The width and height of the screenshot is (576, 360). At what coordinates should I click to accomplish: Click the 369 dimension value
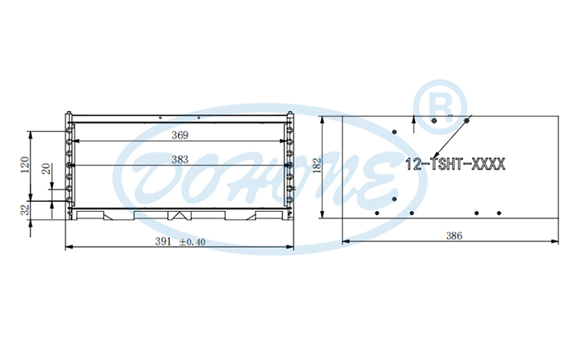(180, 135)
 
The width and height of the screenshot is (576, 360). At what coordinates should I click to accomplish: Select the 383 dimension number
(180, 160)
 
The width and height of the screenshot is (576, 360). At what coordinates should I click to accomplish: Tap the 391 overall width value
(164, 241)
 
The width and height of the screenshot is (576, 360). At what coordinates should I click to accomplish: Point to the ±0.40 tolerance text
(193, 242)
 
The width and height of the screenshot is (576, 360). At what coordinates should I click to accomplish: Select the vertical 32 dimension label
(25, 208)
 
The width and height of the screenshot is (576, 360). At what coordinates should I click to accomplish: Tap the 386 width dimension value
(454, 236)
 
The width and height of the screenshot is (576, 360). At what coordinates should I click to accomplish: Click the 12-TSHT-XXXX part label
(454, 163)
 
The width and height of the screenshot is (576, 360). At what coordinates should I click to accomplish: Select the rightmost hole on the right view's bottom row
(498, 213)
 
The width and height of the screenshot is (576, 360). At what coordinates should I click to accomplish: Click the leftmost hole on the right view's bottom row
(376, 213)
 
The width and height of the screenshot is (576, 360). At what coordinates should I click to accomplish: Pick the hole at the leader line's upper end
(467, 120)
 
